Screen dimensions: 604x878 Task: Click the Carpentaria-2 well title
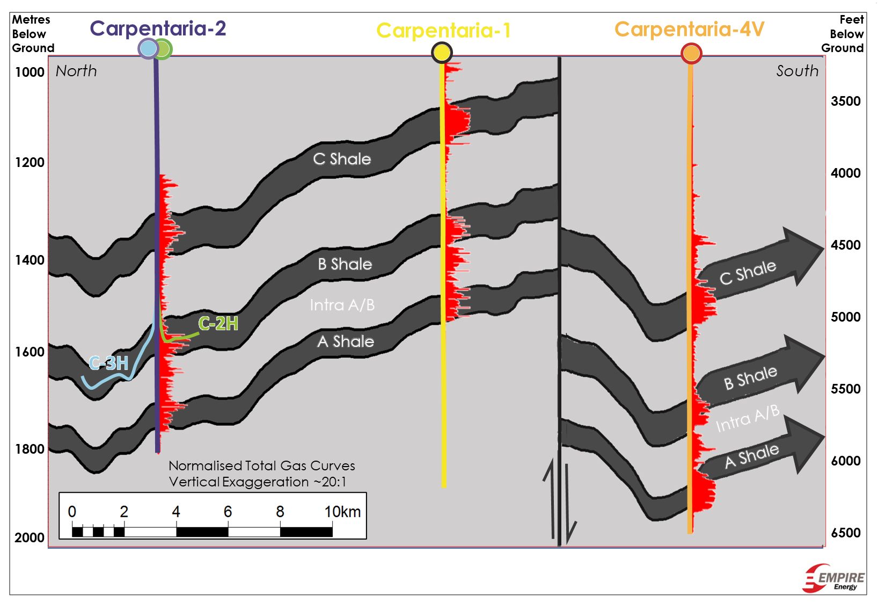(158, 28)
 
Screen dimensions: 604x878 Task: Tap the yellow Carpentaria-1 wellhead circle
(442, 53)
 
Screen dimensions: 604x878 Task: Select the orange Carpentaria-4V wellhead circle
(691, 54)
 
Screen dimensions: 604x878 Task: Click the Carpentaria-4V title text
(689, 30)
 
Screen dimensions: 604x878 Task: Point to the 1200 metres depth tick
(30, 162)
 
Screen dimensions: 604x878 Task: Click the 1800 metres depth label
(30, 449)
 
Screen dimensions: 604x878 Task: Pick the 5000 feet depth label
(845, 317)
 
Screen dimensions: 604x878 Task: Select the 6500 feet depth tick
(845, 533)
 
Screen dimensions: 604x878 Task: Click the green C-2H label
(218, 323)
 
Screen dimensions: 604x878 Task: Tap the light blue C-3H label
(109, 363)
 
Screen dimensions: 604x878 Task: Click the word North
(76, 71)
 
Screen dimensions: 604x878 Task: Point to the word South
(797, 71)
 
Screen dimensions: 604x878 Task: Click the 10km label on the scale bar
(342, 512)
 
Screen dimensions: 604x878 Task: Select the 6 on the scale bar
(228, 512)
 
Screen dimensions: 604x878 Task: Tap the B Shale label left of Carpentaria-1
(345, 264)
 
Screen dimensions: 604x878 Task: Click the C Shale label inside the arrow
(748, 272)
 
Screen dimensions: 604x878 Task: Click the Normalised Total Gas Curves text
(261, 465)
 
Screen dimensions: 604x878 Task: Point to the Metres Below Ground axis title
(32, 34)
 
